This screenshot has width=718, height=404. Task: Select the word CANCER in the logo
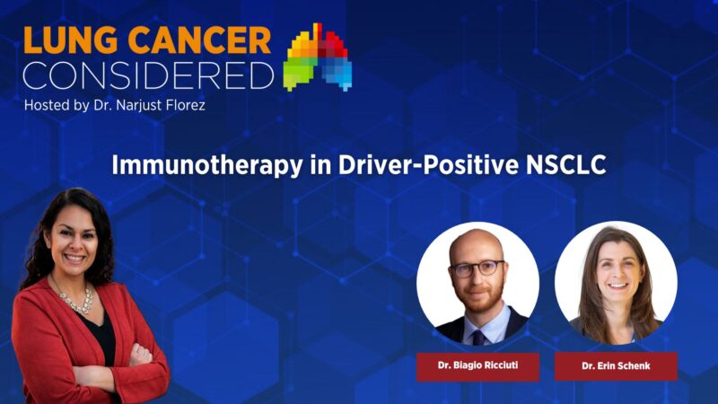[x=198, y=40]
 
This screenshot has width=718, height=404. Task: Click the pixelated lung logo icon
[x=318, y=57]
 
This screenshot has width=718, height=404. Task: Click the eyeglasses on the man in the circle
[x=476, y=268]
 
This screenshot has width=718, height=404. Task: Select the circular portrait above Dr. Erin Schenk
[x=616, y=282]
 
